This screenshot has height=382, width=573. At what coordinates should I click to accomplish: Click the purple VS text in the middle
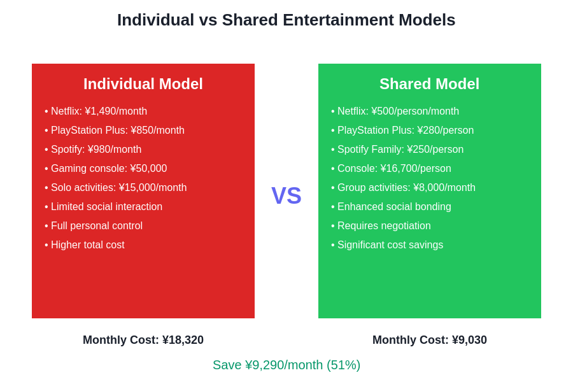286,195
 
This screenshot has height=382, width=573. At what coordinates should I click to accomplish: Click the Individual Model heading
143,84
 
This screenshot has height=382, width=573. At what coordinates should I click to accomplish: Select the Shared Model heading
430,84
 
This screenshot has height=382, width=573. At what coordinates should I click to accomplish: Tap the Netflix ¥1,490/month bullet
96,111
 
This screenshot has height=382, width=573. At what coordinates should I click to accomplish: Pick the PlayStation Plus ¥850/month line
115,131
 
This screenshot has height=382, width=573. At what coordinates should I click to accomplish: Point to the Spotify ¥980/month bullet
93,150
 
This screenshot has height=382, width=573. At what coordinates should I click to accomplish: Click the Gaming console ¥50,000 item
106,169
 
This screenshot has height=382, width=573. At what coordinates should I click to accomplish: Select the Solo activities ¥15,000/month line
116,188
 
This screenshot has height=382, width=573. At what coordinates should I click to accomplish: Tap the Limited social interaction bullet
104,207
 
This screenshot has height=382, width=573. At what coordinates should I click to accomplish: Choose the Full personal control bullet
94,226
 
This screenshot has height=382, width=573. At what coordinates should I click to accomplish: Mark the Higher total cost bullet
85,245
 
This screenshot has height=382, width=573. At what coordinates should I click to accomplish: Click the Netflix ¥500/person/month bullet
395,111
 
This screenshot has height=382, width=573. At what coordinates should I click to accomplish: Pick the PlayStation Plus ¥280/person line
402,131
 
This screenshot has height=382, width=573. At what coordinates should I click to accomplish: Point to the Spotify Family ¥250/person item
397,150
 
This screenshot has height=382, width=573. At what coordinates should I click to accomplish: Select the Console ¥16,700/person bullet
391,169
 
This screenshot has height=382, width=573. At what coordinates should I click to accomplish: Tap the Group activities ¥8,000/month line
403,188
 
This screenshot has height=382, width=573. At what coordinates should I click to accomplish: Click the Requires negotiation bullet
381,226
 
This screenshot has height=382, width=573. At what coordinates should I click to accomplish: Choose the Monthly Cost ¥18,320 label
143,340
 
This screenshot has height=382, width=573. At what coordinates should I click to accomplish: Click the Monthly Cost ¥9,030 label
430,340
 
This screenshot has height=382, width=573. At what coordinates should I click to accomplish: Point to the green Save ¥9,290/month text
286,365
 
